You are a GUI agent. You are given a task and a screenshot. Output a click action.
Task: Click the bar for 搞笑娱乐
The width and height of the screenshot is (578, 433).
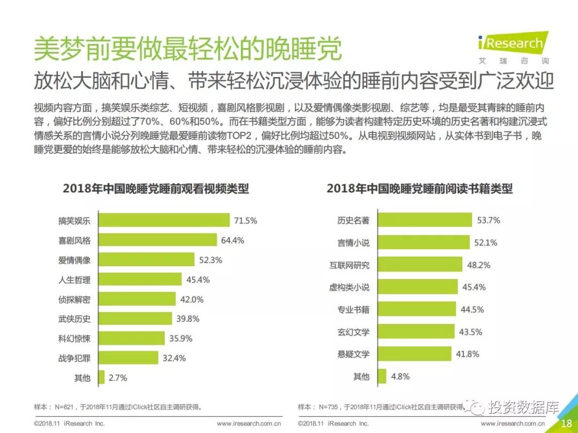[165, 220]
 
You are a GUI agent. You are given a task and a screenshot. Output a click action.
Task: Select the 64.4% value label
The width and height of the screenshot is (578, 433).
[232, 241]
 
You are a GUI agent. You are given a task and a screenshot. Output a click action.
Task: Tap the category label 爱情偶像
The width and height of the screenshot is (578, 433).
[74, 260]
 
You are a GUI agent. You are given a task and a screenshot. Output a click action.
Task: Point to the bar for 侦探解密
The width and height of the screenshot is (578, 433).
[138, 299]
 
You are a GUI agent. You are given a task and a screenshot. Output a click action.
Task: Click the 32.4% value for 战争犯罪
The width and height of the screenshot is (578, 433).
[174, 358]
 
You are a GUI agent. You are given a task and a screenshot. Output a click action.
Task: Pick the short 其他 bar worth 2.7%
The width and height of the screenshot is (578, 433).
[102, 378]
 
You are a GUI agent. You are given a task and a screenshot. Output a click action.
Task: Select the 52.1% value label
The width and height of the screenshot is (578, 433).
[485, 243]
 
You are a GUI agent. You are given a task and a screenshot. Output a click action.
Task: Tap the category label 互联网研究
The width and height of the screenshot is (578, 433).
[349, 265]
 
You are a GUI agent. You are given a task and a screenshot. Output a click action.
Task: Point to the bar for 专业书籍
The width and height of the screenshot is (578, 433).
[416, 310]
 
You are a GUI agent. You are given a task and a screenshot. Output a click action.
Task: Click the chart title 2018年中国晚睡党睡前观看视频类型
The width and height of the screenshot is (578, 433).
[156, 189]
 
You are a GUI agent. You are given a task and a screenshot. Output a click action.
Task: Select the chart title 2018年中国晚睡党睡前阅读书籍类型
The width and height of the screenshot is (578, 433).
[420, 189]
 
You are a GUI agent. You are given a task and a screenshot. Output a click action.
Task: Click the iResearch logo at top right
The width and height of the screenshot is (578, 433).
[512, 43]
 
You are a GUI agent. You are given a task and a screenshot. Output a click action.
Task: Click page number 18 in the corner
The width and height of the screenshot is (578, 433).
[566, 423]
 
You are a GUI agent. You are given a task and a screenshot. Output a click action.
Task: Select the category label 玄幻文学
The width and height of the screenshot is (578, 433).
[353, 332]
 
